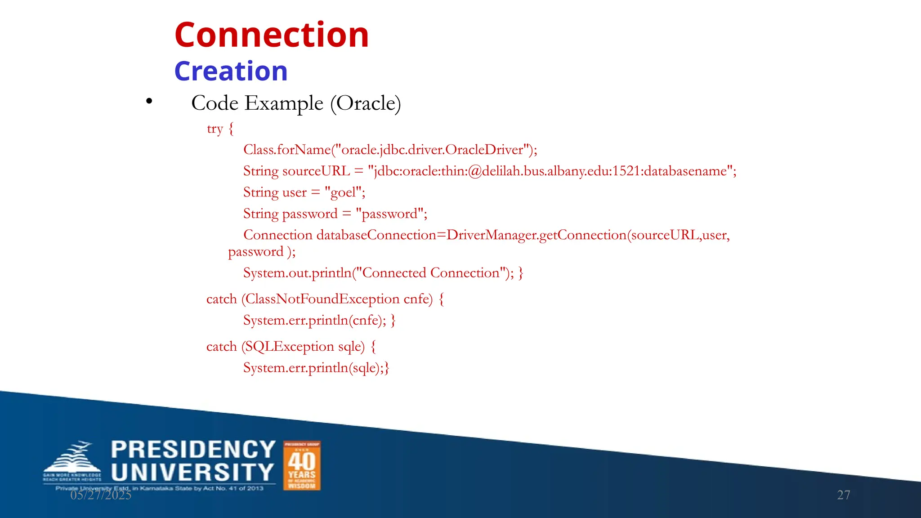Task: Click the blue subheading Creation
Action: tap(231, 71)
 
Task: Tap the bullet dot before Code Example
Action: tap(149, 102)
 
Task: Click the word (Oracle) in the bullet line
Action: tap(365, 103)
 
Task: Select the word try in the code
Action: tap(215, 129)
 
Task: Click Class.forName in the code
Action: tap(287, 150)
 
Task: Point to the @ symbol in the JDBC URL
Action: tap(474, 171)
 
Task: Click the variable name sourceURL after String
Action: tap(316, 171)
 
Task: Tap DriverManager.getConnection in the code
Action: tap(536, 235)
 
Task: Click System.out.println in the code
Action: tap(297, 273)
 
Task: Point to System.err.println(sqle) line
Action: tap(316, 368)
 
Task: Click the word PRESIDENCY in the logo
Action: tap(193, 450)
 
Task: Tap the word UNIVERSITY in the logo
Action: tap(192, 473)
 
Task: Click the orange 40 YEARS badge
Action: tap(302, 465)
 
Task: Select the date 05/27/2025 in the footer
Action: tap(101, 495)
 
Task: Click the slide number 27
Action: tap(843, 495)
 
